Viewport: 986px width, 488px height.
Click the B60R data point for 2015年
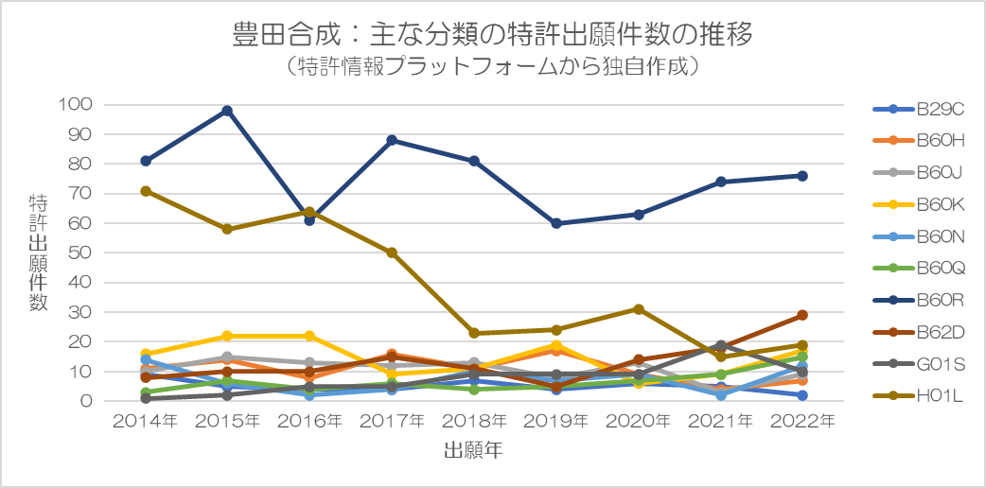pos(227,111)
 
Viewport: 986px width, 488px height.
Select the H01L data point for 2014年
pos(146,191)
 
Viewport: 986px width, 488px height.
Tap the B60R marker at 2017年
pos(392,140)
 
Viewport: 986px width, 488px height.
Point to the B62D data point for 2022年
pos(801,315)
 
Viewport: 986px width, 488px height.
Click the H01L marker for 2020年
pos(638,309)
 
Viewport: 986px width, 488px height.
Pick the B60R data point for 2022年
pos(801,176)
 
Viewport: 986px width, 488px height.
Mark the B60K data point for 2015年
pos(227,336)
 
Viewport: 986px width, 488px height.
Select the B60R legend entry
pos(918,300)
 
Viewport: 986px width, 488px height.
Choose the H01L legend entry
pos(918,395)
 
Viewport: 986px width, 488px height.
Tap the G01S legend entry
pos(918,363)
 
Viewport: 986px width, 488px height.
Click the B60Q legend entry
pos(918,269)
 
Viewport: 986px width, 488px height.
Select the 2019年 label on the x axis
pos(555,421)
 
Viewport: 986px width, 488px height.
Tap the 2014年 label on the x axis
pos(146,421)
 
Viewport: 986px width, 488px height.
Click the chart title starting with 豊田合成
pos(492,36)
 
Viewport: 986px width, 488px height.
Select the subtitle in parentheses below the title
pos(492,67)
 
